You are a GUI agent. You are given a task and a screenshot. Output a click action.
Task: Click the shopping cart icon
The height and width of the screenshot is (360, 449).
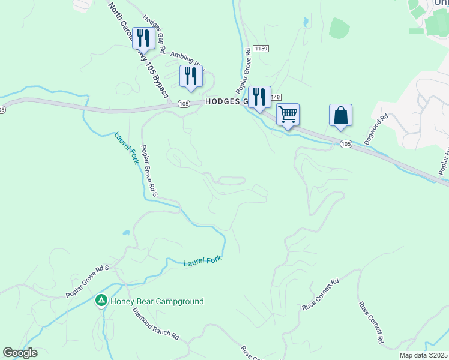click(288, 114)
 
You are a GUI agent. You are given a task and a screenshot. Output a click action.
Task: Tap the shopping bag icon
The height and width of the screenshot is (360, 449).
click(340, 115)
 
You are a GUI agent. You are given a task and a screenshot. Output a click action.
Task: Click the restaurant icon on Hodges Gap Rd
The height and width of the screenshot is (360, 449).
click(143, 38)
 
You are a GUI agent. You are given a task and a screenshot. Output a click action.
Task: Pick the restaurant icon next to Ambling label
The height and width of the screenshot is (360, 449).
click(191, 76)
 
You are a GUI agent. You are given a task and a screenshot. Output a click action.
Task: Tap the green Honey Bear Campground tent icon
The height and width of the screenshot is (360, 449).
click(102, 299)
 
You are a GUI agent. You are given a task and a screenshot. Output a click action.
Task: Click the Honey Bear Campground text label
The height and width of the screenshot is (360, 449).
click(157, 301)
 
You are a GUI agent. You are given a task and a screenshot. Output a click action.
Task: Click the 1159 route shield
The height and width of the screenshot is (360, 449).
click(260, 48)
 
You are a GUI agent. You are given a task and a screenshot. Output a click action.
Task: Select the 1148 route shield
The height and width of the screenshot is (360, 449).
click(276, 97)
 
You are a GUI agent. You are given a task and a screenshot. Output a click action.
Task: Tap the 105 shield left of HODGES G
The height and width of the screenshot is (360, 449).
click(184, 104)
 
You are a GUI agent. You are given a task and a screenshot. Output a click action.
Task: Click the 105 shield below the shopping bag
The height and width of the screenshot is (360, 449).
click(345, 144)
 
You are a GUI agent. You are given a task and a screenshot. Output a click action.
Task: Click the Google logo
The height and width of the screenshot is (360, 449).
click(20, 353)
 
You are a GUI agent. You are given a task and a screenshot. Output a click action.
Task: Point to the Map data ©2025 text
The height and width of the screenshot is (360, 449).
click(423, 355)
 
